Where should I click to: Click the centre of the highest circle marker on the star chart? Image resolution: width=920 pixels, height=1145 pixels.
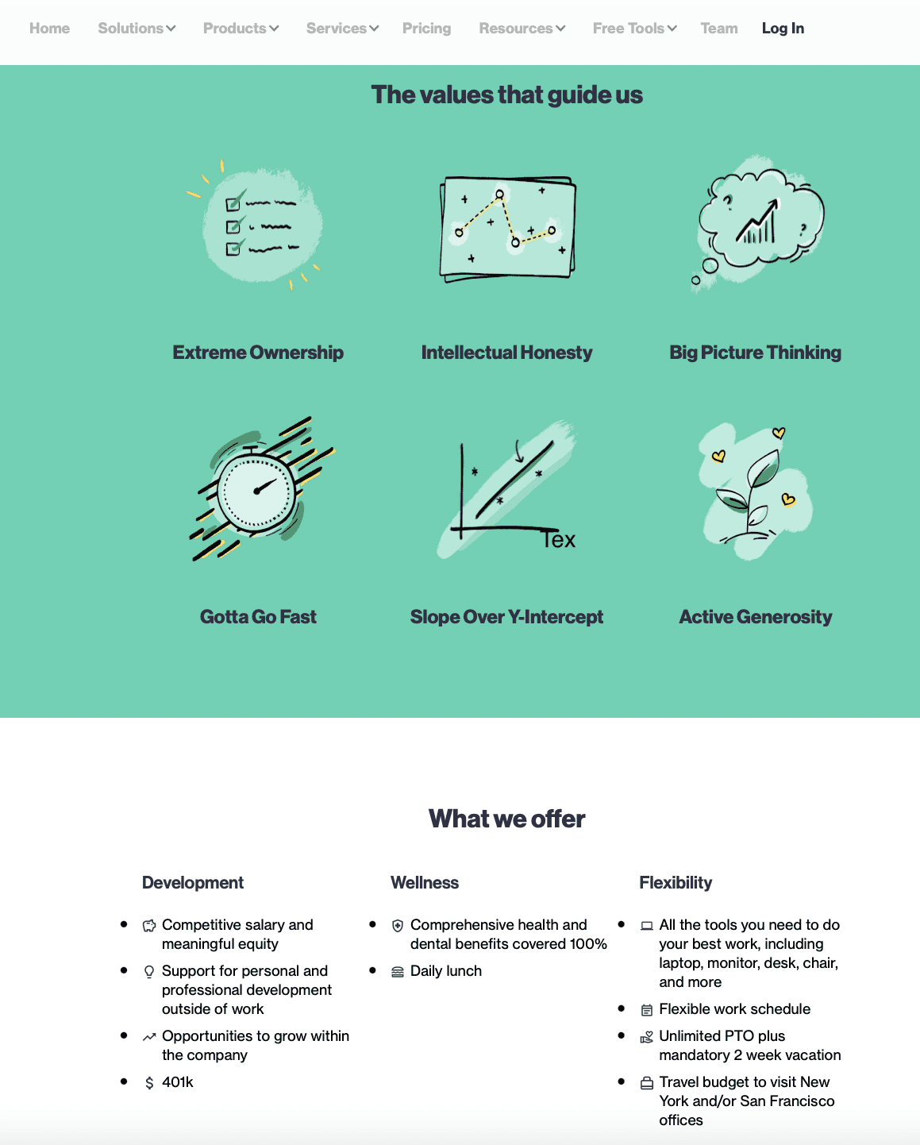coord(499,195)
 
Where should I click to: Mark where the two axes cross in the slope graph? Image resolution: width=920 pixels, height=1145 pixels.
coord(462,528)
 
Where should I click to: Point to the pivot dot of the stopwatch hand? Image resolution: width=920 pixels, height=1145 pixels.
coord(257,491)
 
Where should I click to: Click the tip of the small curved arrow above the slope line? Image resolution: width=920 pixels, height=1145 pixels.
coord(520,461)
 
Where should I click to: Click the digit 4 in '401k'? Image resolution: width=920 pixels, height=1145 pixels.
coord(166,1082)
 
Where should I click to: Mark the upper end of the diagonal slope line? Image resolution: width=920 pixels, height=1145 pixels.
coord(552,443)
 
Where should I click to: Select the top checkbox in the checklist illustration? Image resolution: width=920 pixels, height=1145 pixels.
coord(233,204)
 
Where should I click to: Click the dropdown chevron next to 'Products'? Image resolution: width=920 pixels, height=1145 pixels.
coord(274,29)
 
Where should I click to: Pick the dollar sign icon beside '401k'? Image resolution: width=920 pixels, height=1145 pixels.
coord(149,1083)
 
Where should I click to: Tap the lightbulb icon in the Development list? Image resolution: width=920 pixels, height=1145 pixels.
coord(149,972)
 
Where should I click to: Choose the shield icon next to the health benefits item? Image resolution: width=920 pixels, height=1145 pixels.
coord(398,926)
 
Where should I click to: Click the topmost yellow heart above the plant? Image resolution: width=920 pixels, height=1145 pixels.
coord(779,433)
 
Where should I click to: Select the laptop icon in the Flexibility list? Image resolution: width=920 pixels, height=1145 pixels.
coord(646,926)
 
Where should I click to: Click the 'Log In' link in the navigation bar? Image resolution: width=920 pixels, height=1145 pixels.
coord(783,29)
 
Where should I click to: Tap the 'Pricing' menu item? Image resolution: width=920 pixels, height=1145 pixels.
coord(426,29)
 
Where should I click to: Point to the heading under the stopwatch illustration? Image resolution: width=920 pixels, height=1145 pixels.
coord(258,617)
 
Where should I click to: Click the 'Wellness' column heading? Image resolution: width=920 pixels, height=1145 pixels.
coord(425,883)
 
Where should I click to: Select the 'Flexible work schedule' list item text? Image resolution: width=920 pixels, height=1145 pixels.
coord(734,1009)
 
